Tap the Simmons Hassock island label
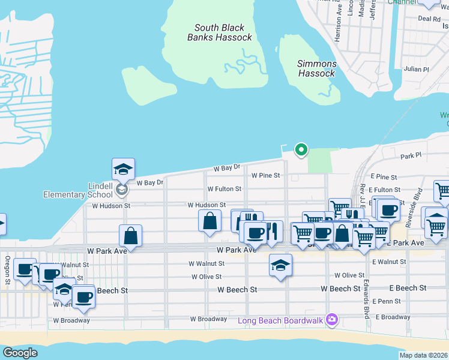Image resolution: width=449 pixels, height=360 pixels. click(316, 68)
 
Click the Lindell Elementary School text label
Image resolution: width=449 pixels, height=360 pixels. click(77, 190)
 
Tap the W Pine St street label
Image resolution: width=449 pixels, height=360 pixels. click(266, 176)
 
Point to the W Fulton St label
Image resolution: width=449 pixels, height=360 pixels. click(224, 189)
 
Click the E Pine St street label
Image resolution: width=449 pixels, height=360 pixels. click(384, 178)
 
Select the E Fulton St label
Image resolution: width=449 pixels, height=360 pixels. click(385, 190)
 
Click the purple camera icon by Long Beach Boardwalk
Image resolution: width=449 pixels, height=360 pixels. click(331, 319)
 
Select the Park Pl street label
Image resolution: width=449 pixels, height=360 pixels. click(412, 156)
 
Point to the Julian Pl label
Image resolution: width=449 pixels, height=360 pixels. click(416, 69)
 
